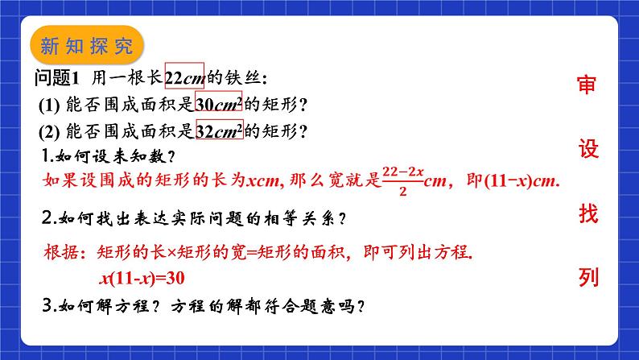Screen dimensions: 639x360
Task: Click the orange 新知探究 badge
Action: point(87,45)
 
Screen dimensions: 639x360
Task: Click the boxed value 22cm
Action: point(184,76)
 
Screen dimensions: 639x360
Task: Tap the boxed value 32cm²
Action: point(220,129)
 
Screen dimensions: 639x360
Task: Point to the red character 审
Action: point(587,85)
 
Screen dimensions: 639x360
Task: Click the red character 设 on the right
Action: point(588,148)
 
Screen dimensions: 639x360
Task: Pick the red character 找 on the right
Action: point(588,213)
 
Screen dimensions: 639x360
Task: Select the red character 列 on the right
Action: point(588,278)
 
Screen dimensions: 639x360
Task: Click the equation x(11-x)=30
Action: point(142,278)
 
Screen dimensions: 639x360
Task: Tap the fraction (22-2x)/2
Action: point(403,180)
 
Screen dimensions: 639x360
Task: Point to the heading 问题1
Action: point(56,77)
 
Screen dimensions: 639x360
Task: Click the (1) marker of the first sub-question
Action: point(49,106)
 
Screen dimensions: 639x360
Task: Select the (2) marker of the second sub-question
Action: point(49,132)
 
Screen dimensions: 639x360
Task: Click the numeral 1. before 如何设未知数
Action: point(47,155)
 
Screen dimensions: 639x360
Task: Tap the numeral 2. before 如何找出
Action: point(49,218)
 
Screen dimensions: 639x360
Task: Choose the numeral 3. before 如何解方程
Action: point(49,305)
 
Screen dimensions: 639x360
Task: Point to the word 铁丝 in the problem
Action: point(243,77)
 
